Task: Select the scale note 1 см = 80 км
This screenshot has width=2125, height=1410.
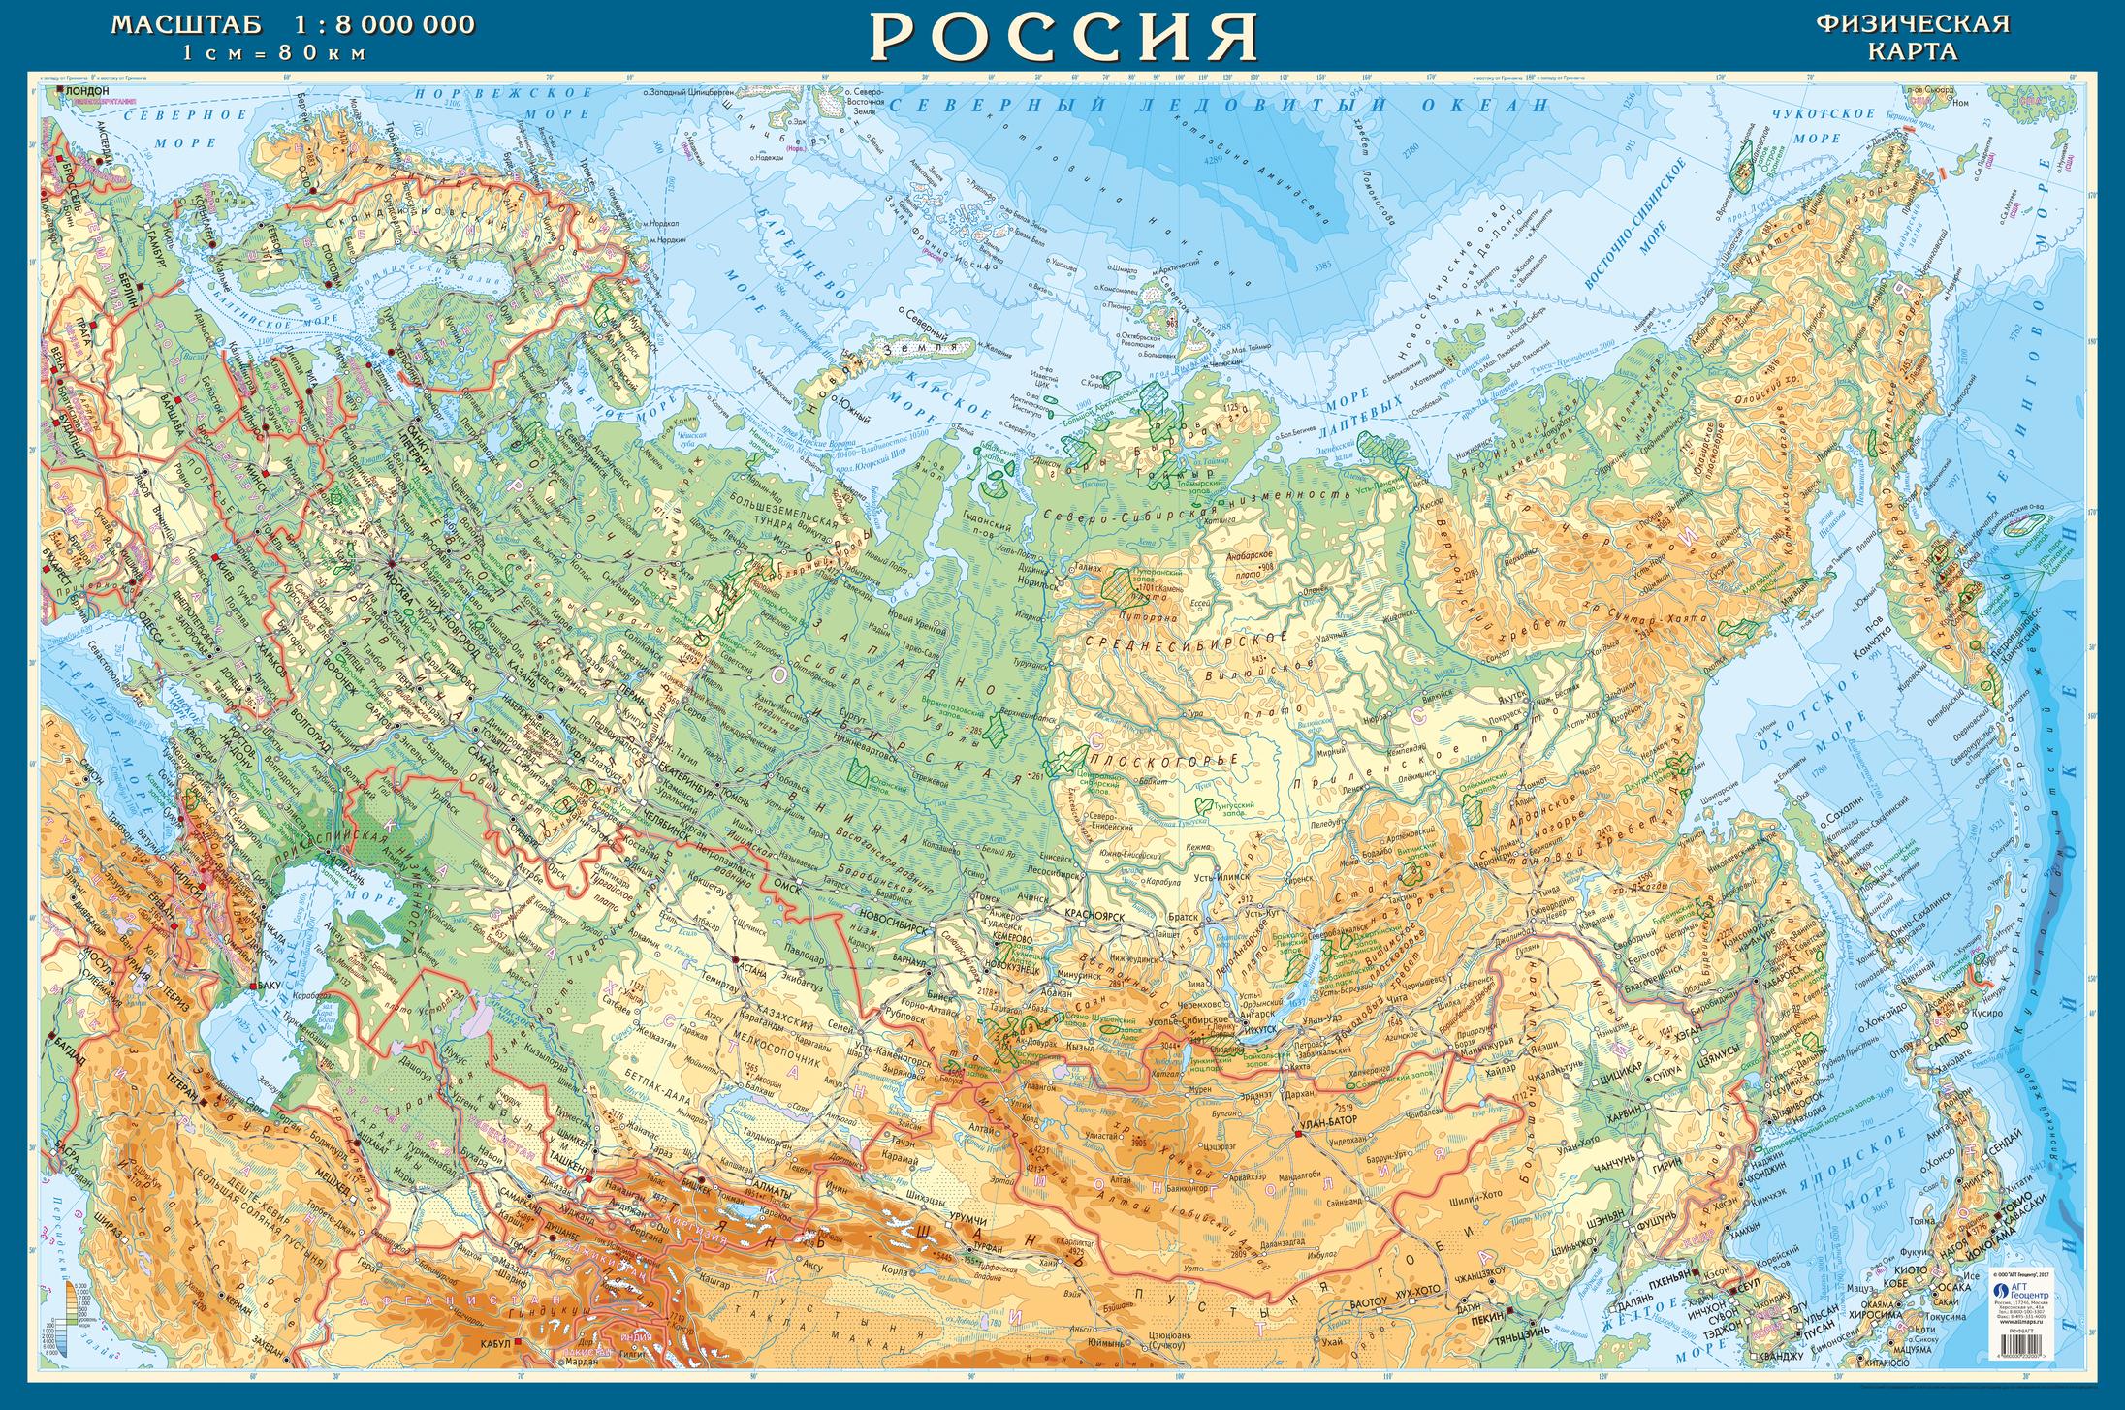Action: [275, 53]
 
